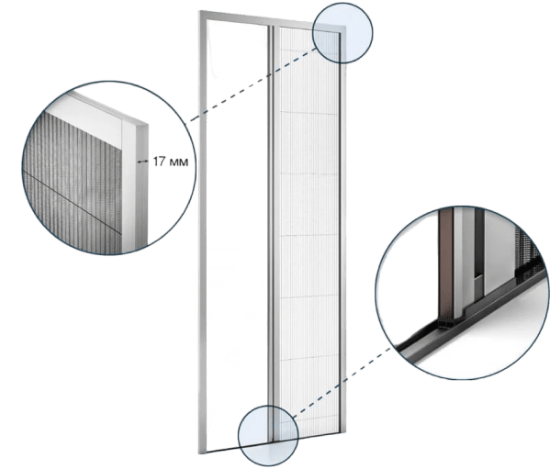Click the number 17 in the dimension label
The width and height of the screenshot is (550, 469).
coord(159,162)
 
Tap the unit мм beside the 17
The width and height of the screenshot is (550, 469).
coord(178,162)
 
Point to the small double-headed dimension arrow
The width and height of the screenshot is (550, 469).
coord(142,162)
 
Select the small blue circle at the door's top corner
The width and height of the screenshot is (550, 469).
coord(342,33)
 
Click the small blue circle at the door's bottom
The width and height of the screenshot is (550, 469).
coord(268,436)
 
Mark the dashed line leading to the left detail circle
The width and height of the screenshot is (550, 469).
coord(253,84)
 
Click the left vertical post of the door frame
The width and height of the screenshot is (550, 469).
coord(203,231)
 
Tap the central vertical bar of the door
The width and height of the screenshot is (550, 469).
coord(272,231)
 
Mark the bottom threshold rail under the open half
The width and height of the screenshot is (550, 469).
coord(238,448)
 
